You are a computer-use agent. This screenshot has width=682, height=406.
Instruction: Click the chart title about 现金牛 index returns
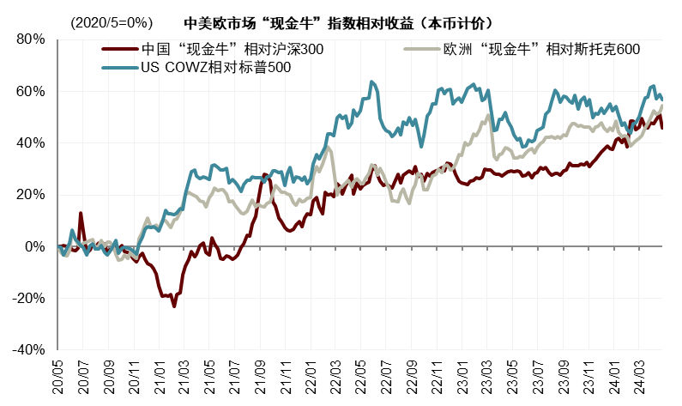pyautogui.click(x=343, y=19)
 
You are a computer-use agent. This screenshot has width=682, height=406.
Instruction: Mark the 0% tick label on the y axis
pyautogui.click(x=33, y=246)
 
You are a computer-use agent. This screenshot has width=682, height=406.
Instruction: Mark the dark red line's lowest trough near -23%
pyautogui.click(x=174, y=306)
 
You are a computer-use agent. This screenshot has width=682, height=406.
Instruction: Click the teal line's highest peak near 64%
pyautogui.click(x=371, y=82)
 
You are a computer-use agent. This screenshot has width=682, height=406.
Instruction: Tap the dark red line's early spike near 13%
pyautogui.click(x=81, y=213)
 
